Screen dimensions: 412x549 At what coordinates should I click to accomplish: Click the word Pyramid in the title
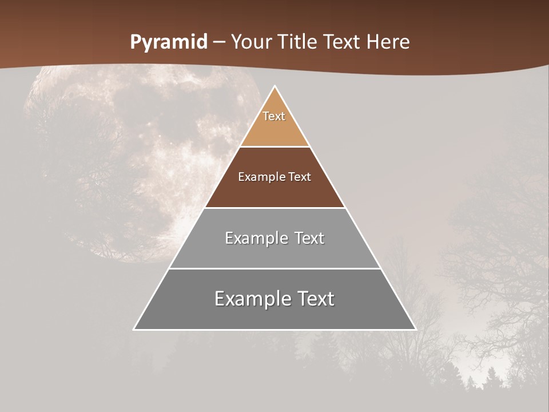(168, 42)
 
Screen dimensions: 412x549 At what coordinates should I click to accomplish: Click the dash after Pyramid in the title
(219, 42)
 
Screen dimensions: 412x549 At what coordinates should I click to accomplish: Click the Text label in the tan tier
(274, 116)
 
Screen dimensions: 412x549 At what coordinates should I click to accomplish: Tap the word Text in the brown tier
(300, 177)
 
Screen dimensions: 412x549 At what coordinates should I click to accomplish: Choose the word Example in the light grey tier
(254, 238)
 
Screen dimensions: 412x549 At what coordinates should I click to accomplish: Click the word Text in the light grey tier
(307, 238)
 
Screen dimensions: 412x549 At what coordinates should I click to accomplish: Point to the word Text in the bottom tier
(315, 299)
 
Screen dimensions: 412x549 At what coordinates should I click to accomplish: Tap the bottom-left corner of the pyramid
(134, 329)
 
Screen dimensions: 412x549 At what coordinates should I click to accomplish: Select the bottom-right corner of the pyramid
(415, 329)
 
